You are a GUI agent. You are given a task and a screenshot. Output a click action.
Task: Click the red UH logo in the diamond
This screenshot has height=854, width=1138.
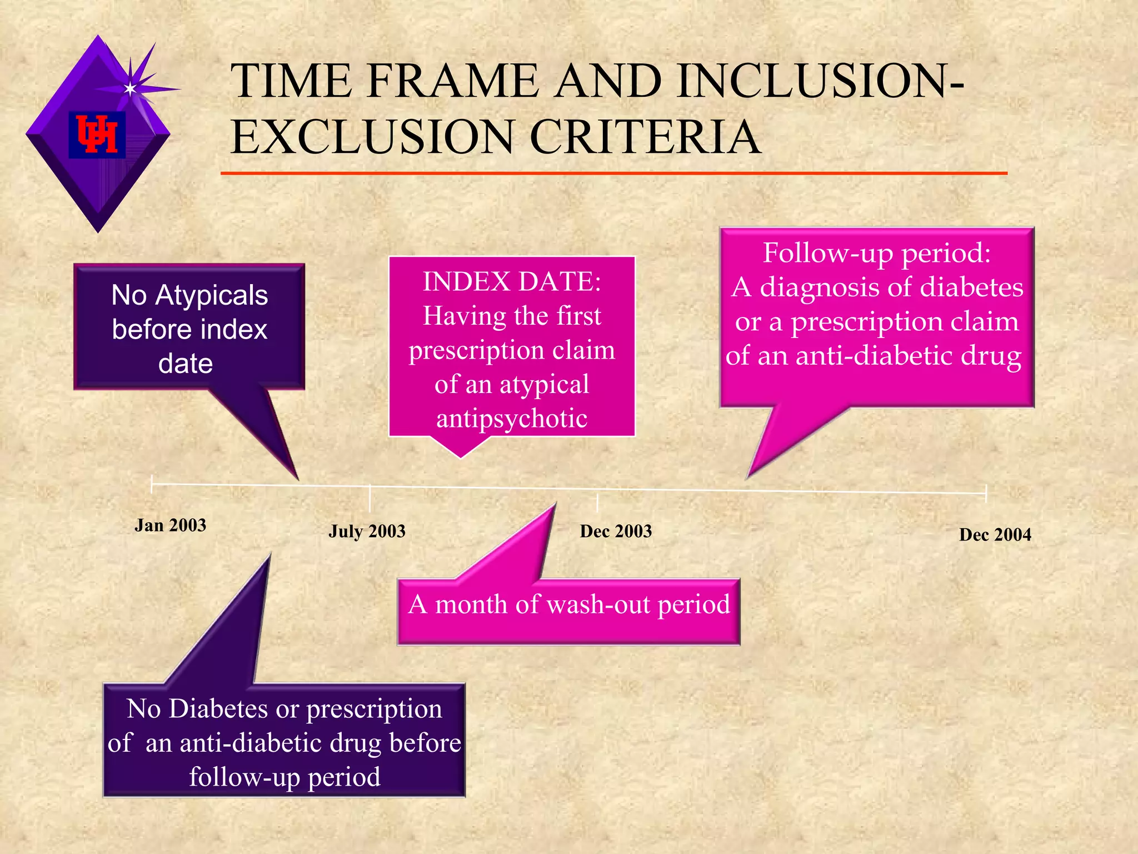(x=97, y=134)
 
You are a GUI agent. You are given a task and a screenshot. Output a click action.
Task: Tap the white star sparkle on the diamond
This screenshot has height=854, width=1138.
(x=130, y=88)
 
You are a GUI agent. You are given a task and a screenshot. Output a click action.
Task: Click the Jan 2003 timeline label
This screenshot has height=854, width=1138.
(x=170, y=525)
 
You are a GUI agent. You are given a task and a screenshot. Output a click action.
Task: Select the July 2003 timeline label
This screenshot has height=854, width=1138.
(x=367, y=532)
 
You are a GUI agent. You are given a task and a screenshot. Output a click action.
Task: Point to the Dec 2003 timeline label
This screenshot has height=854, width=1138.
(x=616, y=532)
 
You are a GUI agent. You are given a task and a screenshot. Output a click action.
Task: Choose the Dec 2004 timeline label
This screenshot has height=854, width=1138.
(x=995, y=535)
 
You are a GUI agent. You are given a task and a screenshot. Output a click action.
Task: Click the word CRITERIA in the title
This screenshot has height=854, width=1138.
(x=645, y=137)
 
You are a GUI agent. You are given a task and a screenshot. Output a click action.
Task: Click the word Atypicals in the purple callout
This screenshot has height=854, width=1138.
(x=212, y=295)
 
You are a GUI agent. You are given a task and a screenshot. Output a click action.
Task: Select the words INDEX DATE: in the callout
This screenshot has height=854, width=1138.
(x=512, y=281)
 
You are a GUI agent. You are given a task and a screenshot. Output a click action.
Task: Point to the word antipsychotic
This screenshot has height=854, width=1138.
(x=512, y=419)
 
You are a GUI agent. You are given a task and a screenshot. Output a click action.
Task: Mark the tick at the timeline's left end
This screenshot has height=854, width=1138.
(x=152, y=484)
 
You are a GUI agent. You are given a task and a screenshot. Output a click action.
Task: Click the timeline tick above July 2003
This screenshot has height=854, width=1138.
(x=370, y=498)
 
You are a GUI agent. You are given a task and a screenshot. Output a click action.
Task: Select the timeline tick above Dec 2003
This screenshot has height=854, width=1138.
(x=597, y=502)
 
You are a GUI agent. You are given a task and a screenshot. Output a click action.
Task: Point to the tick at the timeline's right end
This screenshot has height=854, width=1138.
(x=986, y=493)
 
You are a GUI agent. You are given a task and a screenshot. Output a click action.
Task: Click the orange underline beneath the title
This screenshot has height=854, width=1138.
(x=613, y=173)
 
